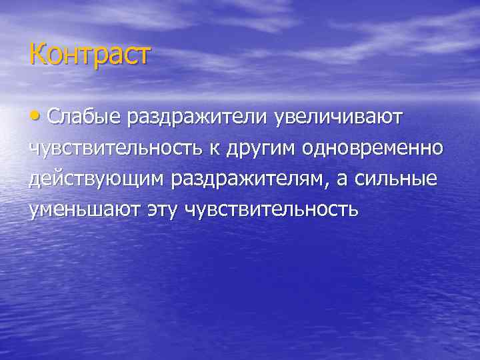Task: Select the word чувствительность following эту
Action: click(272, 211)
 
